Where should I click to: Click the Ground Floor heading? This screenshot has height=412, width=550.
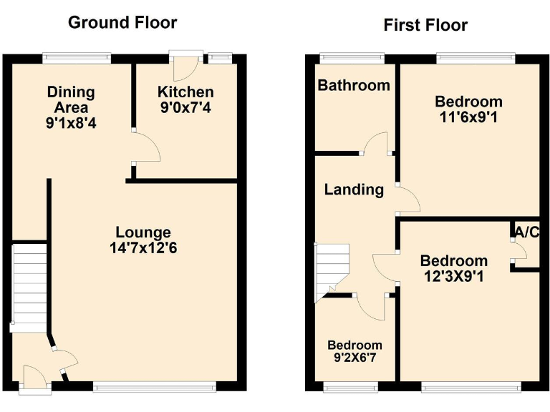(x=122, y=22)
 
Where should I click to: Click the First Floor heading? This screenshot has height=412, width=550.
(x=425, y=26)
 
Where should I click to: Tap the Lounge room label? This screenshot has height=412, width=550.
(x=143, y=232)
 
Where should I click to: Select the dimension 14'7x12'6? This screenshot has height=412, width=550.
(x=143, y=247)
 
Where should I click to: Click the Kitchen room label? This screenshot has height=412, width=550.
(x=185, y=92)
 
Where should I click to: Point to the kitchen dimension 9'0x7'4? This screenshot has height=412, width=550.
(x=185, y=108)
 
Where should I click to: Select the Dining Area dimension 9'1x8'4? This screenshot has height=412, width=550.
(x=70, y=123)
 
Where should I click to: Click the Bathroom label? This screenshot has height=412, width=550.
(x=354, y=86)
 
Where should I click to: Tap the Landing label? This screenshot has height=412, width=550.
(x=354, y=190)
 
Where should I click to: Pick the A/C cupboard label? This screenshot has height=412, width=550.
(x=526, y=232)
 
